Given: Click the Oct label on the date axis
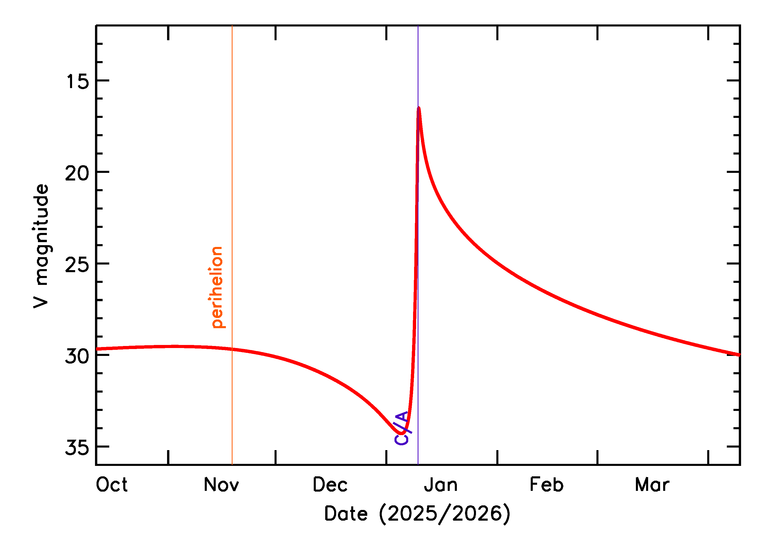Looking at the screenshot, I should pos(112,485).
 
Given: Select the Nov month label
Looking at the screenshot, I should pos(221,485).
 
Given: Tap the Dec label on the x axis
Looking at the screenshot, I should pos(330,485).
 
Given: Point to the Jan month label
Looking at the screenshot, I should pos(441,485).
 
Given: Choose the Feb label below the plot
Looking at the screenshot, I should pos(547,485).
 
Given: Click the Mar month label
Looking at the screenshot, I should pos(652,485).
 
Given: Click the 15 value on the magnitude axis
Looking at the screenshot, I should pos(78,81).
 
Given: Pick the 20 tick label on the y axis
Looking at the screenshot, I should pos(77,173).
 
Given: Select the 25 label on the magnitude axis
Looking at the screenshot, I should pos(77,265).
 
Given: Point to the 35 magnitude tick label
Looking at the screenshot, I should pos(77,447).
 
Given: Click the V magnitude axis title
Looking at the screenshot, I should pos(41,246).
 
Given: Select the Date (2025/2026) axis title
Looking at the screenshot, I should pos(417,513).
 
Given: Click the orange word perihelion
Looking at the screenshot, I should pos(217,287).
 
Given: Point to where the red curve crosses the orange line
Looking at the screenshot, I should pos(232,349).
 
